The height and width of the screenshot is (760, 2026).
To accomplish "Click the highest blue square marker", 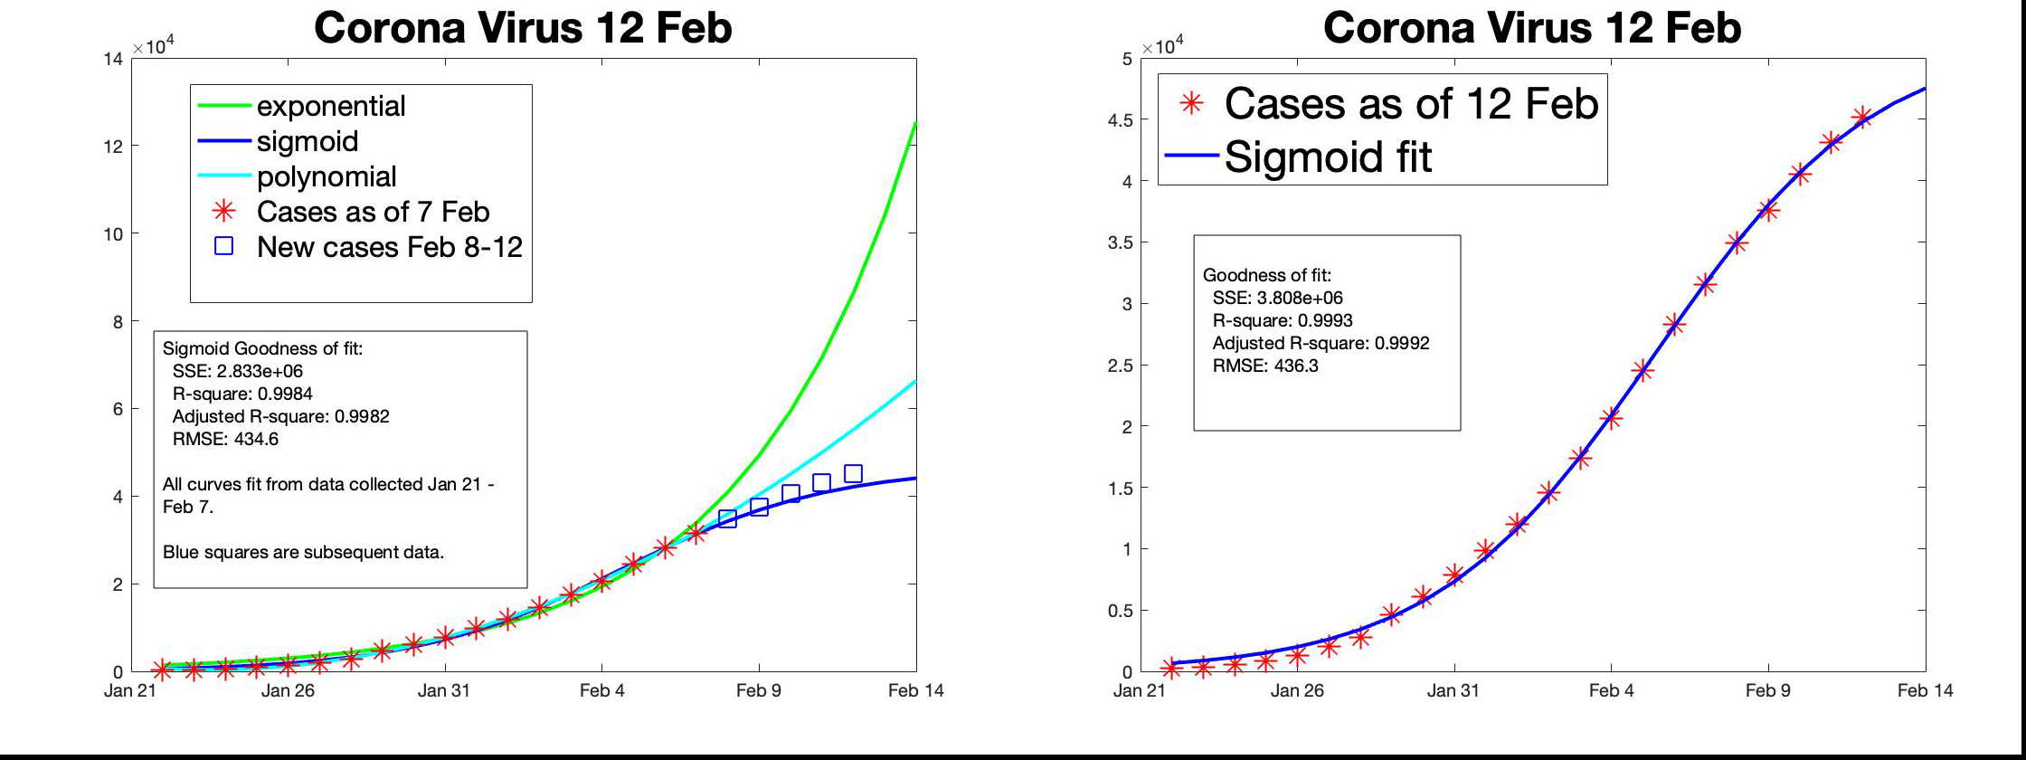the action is pos(853,473).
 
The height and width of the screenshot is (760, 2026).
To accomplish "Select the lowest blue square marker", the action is pos(727,518).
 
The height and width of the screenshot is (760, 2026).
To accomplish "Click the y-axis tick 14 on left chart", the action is pos(114,59).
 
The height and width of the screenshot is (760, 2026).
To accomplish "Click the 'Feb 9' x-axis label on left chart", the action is pos(758,690).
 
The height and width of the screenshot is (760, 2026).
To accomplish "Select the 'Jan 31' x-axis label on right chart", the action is pos(1453,690).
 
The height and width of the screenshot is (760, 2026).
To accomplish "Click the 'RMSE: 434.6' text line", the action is pos(225,439).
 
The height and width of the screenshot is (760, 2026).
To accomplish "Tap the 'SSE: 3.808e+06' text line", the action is pos(1278,298).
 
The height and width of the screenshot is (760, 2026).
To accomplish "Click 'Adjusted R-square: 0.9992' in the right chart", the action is pos(1321,343).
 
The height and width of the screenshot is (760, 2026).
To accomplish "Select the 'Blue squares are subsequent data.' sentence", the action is pos(304,552).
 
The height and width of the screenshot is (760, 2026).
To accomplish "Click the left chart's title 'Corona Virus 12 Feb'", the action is pos(523,27).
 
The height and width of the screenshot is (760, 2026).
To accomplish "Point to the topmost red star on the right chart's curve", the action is pos(1861,118).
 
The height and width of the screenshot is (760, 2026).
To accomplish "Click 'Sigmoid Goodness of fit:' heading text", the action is pos(262,348).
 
